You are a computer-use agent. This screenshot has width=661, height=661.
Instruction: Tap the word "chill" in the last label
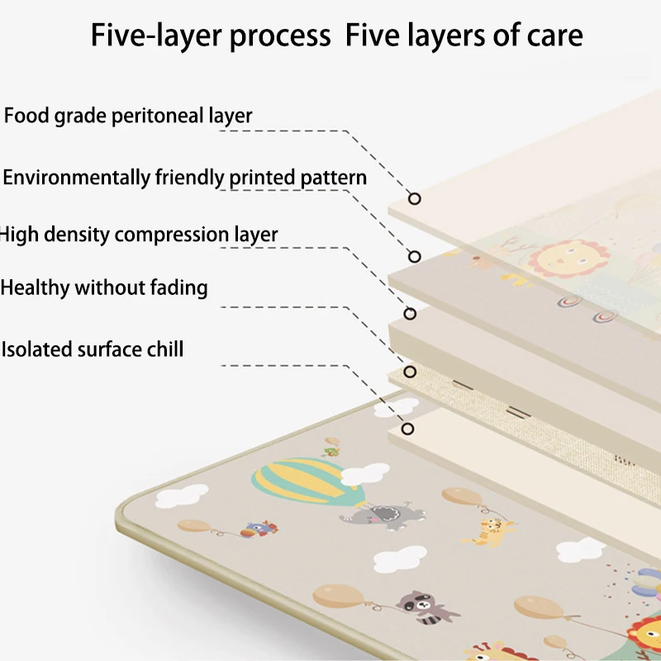[x=163, y=349]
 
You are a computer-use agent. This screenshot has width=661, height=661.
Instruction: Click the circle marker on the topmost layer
[x=415, y=198]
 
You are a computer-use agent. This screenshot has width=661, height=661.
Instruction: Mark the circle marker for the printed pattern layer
[x=415, y=256]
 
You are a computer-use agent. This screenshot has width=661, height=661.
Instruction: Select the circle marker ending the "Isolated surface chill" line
[x=408, y=428]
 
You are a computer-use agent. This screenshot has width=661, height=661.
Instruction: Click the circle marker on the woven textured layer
[x=409, y=372]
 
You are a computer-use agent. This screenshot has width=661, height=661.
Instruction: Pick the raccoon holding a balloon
[x=420, y=606]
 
